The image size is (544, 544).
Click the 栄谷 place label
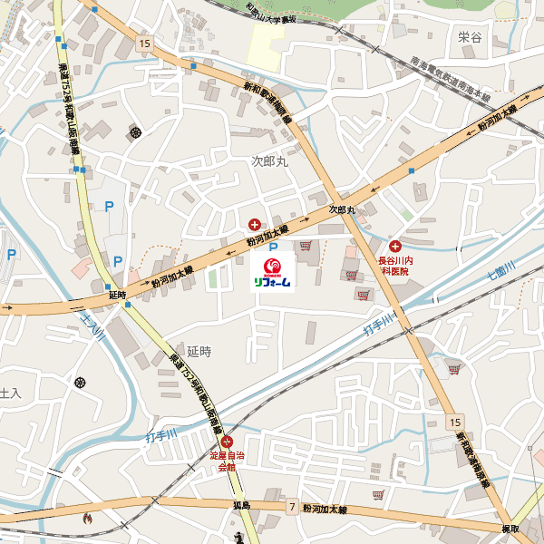coord(470,37)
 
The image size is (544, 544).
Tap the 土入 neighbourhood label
coord(9,393)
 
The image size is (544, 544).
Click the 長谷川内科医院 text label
coord(395,265)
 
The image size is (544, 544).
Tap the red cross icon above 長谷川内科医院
coord(395,246)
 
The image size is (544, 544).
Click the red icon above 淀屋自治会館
coord(228,442)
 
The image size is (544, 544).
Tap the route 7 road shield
coord(292,507)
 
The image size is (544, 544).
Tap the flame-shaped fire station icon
coord(87,520)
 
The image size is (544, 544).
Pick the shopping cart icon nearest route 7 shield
coord(378,494)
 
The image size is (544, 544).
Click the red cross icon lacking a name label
coord(255,224)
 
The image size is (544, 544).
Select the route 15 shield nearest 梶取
coord(453,423)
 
